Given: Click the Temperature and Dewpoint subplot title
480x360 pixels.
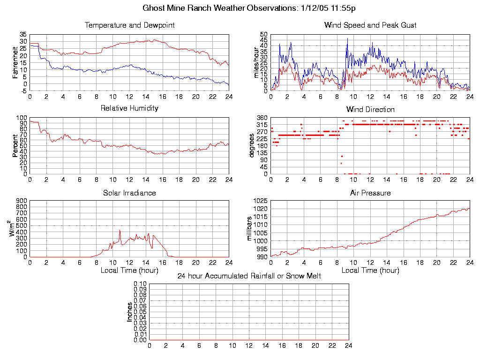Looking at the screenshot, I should click(x=129, y=25).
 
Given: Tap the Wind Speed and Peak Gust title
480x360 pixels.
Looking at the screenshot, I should click(x=370, y=25).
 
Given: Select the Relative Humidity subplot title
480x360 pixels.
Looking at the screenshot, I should click(x=129, y=108).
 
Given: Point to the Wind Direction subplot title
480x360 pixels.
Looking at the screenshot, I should click(x=370, y=110).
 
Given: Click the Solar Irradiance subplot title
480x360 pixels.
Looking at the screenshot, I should click(x=129, y=193).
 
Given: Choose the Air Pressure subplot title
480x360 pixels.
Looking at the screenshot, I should click(x=370, y=193).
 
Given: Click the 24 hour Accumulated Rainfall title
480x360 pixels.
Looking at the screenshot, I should click(x=249, y=276).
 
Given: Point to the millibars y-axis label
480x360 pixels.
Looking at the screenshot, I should click(x=250, y=229).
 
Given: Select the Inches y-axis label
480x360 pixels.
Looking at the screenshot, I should click(x=129, y=312).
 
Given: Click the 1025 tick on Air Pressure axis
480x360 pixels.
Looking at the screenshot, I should click(x=261, y=201).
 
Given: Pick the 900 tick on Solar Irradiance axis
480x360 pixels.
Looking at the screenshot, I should click(x=22, y=201).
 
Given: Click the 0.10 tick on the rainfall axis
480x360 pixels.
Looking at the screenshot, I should click(x=140, y=284).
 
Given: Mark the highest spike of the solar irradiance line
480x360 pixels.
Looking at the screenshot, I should click(x=120, y=230).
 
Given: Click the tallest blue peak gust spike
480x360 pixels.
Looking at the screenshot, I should click(x=347, y=39).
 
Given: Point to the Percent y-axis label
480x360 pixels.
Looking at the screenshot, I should click(x=15, y=146).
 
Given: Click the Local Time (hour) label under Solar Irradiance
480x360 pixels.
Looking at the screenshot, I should click(x=129, y=270).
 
